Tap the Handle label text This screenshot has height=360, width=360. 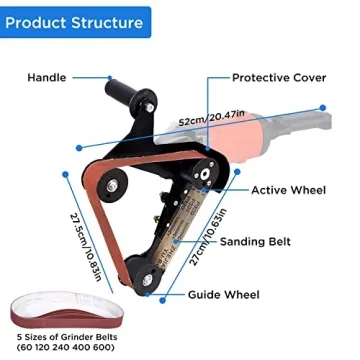click(46, 77)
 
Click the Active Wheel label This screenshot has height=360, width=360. click(287, 190)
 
